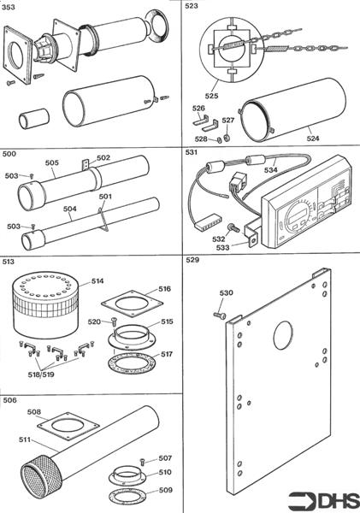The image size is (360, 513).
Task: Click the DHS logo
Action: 324,500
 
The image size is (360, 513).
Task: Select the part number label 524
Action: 313,139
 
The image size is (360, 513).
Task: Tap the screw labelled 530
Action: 220,315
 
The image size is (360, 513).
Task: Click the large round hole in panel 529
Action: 283,334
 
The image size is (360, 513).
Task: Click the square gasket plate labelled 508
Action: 68,426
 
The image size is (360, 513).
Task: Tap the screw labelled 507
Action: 143,462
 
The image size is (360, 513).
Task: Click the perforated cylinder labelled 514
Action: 45,305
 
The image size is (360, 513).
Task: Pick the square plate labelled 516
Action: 132,304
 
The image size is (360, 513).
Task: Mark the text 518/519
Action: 41,375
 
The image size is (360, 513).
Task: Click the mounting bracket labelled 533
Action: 252,231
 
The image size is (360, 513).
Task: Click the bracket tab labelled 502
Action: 86,164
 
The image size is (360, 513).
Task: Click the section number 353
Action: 9,7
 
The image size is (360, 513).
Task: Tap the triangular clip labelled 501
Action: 103,217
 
